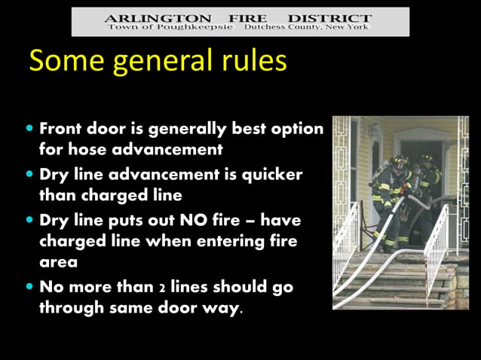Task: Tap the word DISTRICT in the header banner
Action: (x=332, y=17)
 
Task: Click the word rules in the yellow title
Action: (x=251, y=61)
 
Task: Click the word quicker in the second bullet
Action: (x=271, y=175)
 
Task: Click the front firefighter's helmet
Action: (x=400, y=161)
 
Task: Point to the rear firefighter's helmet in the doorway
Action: (x=427, y=159)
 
